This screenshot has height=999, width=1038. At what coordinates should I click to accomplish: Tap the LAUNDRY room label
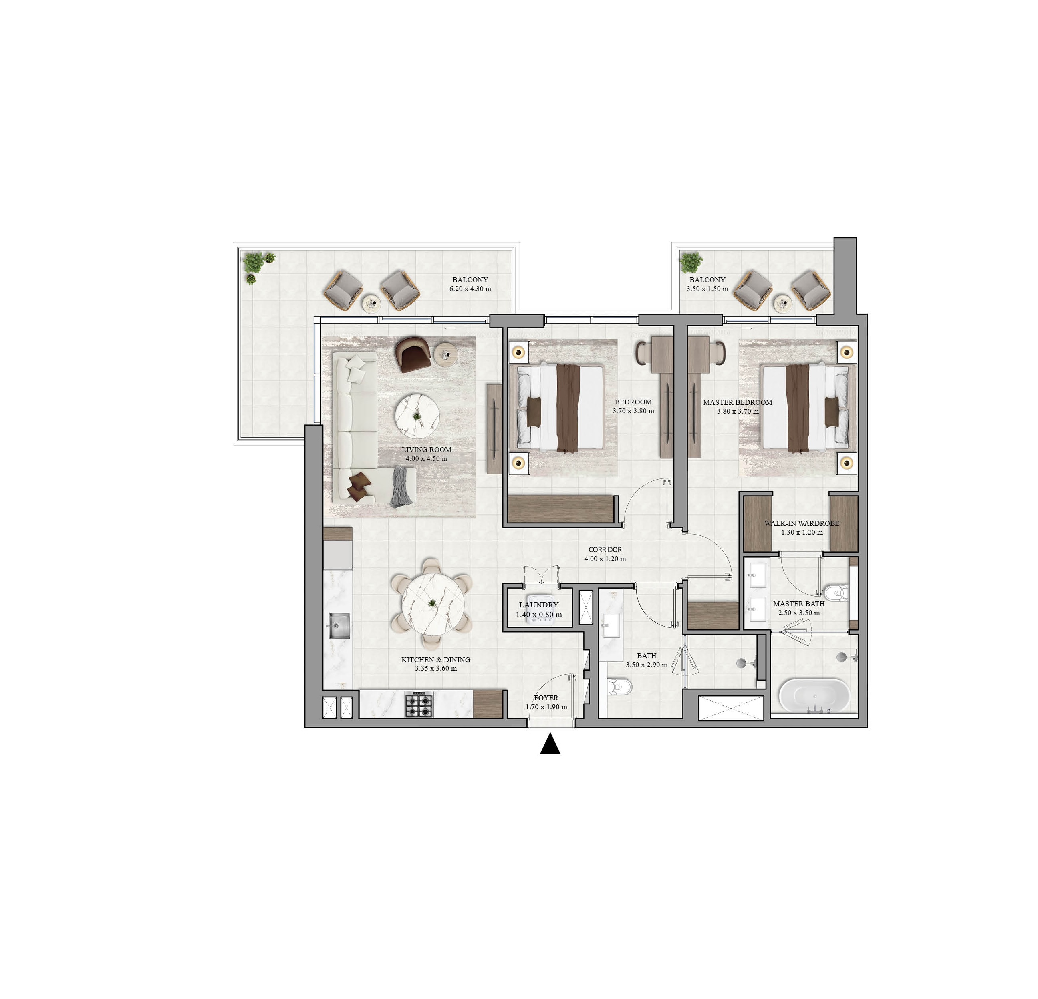(538, 605)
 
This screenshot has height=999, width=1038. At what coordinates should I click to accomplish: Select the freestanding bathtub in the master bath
(814, 696)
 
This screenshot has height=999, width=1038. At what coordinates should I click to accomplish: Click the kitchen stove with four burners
(419, 704)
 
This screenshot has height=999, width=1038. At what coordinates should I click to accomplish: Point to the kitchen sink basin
(338, 626)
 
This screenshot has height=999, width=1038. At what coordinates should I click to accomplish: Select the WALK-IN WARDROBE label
(802, 523)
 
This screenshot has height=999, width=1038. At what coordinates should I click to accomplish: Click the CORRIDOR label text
(605, 549)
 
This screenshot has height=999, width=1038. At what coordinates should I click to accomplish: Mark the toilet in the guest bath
(620, 687)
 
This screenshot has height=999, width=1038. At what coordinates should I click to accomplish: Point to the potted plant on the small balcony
(691, 261)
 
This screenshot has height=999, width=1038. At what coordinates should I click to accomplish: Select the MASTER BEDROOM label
(738, 402)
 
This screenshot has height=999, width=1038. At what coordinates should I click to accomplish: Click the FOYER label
(546, 698)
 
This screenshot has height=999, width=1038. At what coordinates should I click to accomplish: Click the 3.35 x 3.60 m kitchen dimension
(436, 668)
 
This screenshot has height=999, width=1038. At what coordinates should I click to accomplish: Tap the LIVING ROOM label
(426, 450)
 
